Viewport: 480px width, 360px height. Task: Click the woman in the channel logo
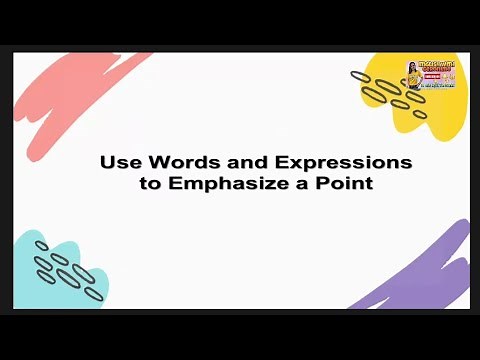[x=413, y=72]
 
